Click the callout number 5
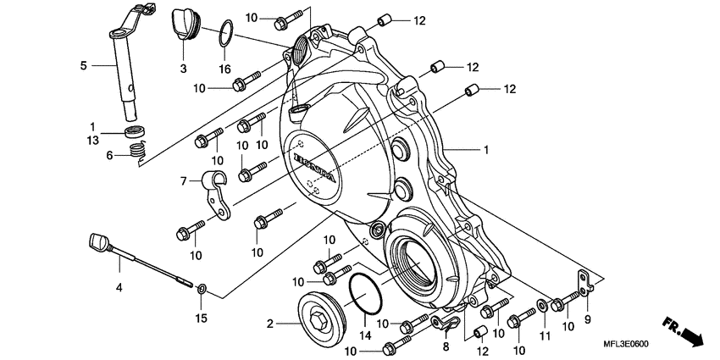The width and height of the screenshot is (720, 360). click(83, 65)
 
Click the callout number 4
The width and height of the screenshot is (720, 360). click(119, 288)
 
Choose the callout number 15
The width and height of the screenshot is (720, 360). click(201, 318)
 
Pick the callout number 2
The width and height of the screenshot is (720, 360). click(270, 323)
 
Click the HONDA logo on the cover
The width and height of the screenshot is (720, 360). click(315, 169)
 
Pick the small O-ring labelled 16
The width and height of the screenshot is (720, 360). click(224, 34)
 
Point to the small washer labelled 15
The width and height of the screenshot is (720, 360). click(202, 290)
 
